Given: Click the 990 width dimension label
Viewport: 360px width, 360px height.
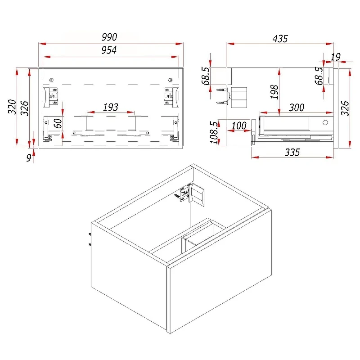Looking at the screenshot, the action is point(109,37).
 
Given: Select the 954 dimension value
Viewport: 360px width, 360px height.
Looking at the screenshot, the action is point(109,50).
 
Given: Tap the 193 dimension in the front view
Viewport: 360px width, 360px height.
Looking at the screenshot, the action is point(110,107).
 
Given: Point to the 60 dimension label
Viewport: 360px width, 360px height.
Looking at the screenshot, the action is point(58,123).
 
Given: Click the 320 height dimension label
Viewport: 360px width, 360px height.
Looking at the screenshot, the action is point(12,107).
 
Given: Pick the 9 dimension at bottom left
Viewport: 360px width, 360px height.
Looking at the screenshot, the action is point(29,158).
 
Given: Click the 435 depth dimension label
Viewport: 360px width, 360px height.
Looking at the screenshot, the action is point(280,39).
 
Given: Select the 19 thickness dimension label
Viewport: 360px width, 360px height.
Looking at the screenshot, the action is point(335,57).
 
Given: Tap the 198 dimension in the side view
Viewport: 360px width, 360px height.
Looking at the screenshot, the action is point(274,92).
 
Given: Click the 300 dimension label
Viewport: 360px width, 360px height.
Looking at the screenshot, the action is point(297,108).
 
